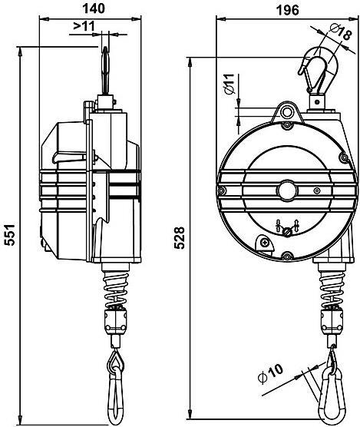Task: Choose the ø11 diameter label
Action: pyautogui.click(x=228, y=84)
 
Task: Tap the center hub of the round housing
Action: pyautogui.click(x=287, y=189)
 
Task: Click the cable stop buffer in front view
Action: pyautogui.click(x=332, y=319)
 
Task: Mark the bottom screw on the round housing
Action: pyautogui.click(x=287, y=256)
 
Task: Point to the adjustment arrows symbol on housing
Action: pyautogui.click(x=286, y=227)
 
